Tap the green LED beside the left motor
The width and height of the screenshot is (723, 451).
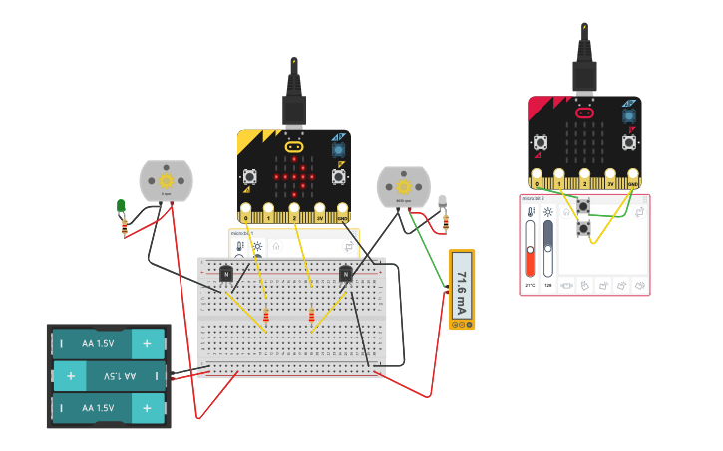[121, 207]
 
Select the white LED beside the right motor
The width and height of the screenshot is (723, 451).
[442, 202]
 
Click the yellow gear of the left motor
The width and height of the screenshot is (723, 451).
[166, 180]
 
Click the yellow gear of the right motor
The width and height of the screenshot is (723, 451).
[404, 186]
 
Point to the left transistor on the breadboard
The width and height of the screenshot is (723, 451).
[226, 274]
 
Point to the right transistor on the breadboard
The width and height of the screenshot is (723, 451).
[345, 273]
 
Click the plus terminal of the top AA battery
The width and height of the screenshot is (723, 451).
[147, 343]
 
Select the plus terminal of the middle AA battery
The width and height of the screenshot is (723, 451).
[71, 376]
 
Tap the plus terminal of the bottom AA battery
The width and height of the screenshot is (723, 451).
[147, 408]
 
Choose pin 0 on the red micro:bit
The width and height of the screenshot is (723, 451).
[538, 182]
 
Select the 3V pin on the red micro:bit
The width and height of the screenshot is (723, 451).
[609, 182]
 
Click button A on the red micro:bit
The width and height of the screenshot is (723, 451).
[541, 142]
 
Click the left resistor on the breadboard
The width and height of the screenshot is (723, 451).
[265, 319]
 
